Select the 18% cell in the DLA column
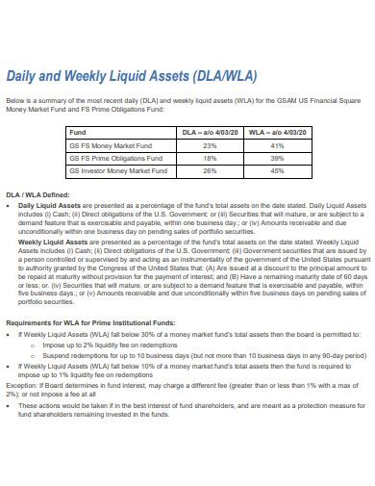pyautogui.click(x=210, y=157)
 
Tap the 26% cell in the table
pyautogui.click(x=210, y=170)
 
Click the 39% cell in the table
pyautogui.click(x=278, y=157)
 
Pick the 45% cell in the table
pyautogui.click(x=278, y=170)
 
